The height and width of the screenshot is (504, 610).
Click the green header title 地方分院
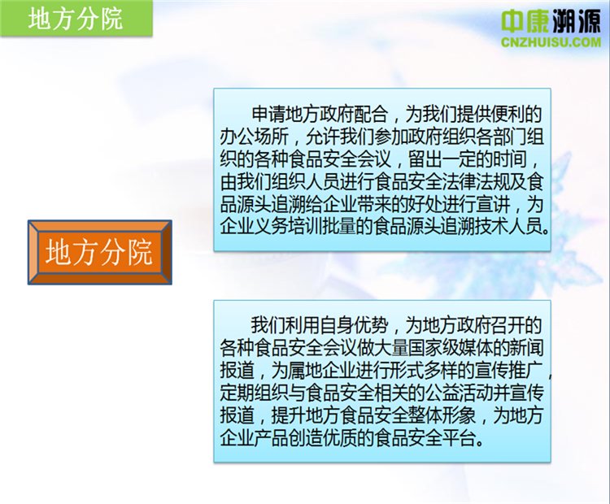[75, 19]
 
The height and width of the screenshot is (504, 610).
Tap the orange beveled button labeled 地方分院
[99, 252]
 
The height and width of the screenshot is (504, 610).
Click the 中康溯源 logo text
[551, 21]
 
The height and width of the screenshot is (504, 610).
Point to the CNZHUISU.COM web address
[551, 42]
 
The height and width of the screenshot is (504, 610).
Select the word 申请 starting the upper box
[268, 115]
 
